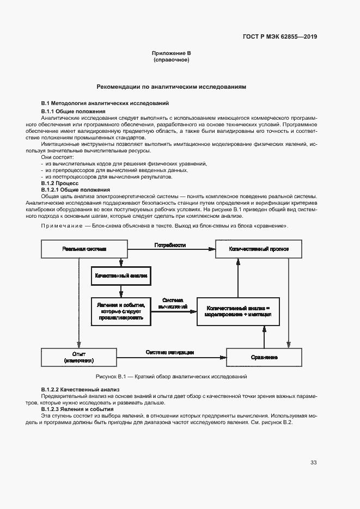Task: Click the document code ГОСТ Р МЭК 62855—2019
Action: click(280, 38)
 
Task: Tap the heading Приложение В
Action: click(171, 53)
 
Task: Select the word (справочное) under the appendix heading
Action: click(171, 60)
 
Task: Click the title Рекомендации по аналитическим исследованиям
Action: click(171, 87)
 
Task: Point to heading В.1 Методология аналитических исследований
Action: click(105, 103)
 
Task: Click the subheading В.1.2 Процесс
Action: click(60, 183)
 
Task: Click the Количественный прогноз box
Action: click(259, 249)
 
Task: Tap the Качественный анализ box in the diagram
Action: click(121, 276)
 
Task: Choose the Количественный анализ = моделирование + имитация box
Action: click(237, 311)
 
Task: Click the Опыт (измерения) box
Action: click(78, 357)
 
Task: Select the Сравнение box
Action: click(264, 357)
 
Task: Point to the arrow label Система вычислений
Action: click(172, 303)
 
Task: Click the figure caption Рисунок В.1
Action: click(171, 377)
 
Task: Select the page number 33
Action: click(313, 463)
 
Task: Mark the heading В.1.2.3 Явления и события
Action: click(77, 409)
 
